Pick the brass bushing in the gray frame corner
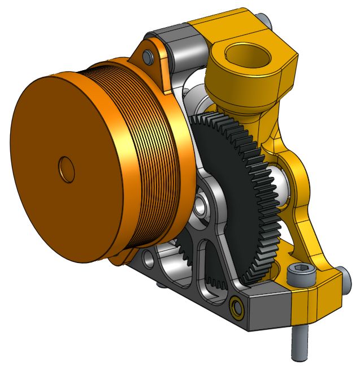pos(236,309)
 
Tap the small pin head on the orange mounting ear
pos(148,57)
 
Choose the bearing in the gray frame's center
pos(202,206)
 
